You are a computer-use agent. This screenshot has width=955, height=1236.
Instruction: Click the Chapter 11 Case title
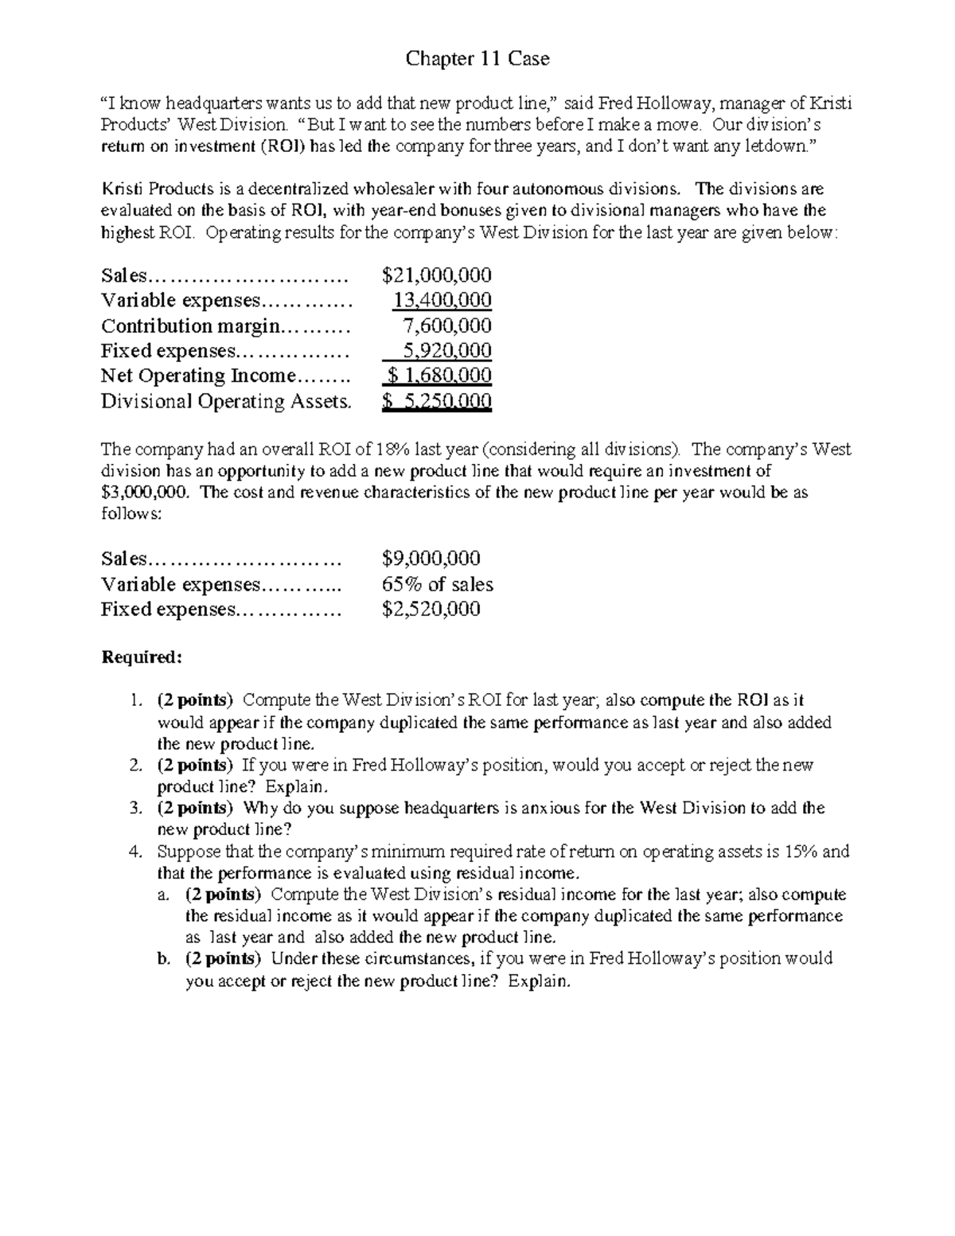click(477, 59)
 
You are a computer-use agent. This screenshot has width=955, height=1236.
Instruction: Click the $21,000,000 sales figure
click(436, 275)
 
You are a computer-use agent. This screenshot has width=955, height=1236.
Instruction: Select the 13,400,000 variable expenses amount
click(442, 300)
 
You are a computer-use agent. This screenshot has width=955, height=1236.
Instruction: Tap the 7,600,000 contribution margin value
click(447, 326)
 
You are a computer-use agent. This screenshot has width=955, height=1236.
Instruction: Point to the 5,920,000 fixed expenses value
click(447, 351)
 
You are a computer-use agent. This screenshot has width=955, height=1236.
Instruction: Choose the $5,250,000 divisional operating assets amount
click(436, 401)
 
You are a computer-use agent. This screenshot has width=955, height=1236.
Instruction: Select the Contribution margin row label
click(191, 326)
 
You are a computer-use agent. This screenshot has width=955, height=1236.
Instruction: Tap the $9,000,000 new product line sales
click(431, 559)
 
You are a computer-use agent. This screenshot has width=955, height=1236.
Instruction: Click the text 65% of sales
click(437, 584)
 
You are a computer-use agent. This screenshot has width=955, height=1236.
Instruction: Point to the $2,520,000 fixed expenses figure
click(431, 610)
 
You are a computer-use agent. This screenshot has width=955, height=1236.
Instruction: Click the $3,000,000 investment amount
click(146, 493)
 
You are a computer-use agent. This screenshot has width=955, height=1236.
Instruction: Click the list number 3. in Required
click(135, 809)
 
